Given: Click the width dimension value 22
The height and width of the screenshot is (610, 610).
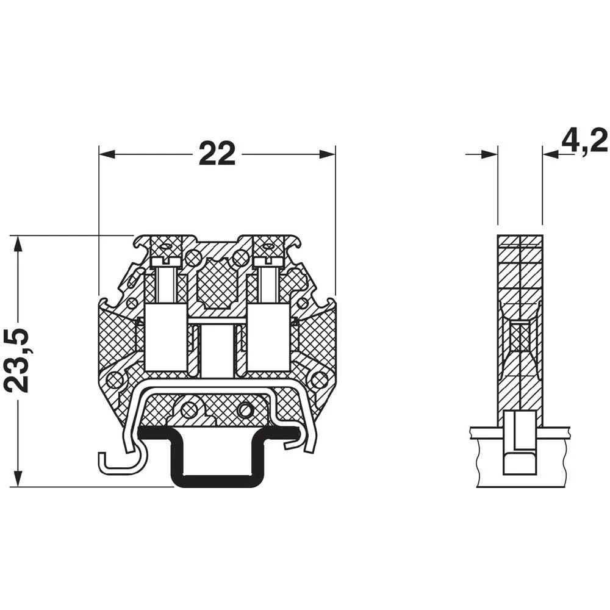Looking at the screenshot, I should [x=217, y=154].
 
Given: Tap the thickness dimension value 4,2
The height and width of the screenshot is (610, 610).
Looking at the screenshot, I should [x=584, y=141].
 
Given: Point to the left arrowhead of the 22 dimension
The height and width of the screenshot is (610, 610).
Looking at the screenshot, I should [x=107, y=154].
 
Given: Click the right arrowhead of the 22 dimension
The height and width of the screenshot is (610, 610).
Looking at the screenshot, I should [x=328, y=154].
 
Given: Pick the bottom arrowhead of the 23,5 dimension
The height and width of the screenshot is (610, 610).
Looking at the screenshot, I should [x=19, y=478].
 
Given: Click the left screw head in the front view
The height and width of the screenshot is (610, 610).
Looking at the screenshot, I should [x=165, y=261].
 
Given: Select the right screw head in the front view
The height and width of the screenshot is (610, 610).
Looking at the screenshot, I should [x=268, y=261].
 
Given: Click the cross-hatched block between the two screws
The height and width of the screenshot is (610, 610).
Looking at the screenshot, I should [x=218, y=282].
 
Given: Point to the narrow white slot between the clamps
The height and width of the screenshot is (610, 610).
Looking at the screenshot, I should [x=218, y=351].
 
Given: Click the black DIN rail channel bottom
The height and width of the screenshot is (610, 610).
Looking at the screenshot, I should [x=217, y=482].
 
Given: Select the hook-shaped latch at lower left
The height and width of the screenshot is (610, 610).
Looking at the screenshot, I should [x=116, y=464].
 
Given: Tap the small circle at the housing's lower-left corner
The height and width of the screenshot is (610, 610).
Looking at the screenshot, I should [x=114, y=381].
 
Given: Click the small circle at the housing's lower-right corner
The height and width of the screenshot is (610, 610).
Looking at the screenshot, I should [x=318, y=381].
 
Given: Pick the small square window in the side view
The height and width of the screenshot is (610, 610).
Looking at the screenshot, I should [x=519, y=337].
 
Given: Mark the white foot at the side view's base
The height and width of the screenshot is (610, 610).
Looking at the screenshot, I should [x=519, y=442].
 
